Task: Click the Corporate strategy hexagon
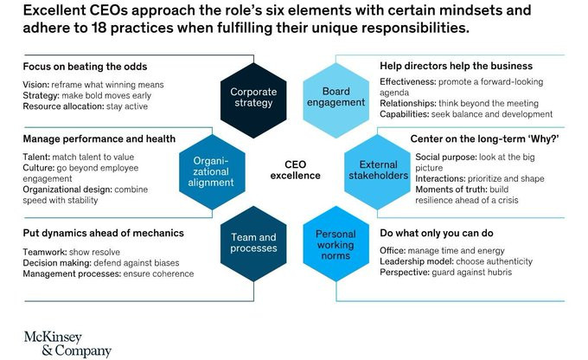click(x=253, y=100)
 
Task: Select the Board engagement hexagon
click(x=336, y=100)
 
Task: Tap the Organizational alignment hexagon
click(x=212, y=172)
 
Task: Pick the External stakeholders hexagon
click(x=377, y=172)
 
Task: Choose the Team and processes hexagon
click(x=253, y=244)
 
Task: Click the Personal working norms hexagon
click(x=336, y=244)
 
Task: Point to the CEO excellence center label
click(x=295, y=170)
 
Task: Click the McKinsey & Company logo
click(x=67, y=344)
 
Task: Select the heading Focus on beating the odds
click(x=85, y=67)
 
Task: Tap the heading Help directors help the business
click(x=456, y=66)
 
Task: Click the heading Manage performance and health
click(x=99, y=139)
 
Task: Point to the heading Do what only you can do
click(x=437, y=233)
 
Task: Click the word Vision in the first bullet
click(x=35, y=85)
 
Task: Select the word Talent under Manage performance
click(x=36, y=157)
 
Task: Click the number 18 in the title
click(x=99, y=28)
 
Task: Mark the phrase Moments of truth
click(x=451, y=190)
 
